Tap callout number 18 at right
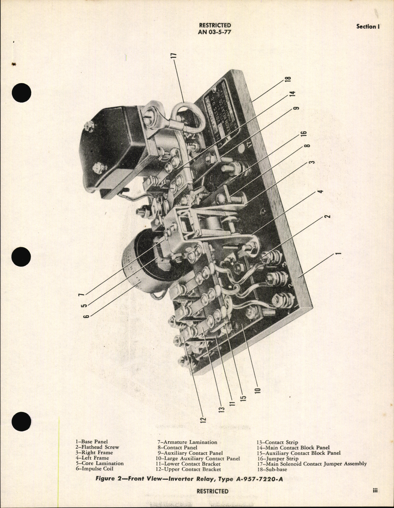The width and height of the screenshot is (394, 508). click(x=288, y=79)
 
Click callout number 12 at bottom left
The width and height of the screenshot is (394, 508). click(x=203, y=419)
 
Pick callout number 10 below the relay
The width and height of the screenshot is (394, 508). click(x=258, y=390)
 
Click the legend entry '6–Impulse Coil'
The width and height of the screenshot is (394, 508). click(x=94, y=469)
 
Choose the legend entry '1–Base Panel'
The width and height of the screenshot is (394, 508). click(x=91, y=442)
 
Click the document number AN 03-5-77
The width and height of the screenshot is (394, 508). click(x=214, y=32)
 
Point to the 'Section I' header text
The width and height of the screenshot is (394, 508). click(x=368, y=27)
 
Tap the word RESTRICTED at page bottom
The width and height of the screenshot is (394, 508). click(x=212, y=491)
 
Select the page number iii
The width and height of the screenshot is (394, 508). click(x=375, y=490)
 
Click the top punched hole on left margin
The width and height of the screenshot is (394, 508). click(x=22, y=93)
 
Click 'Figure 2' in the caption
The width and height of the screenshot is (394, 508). click(x=105, y=479)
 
